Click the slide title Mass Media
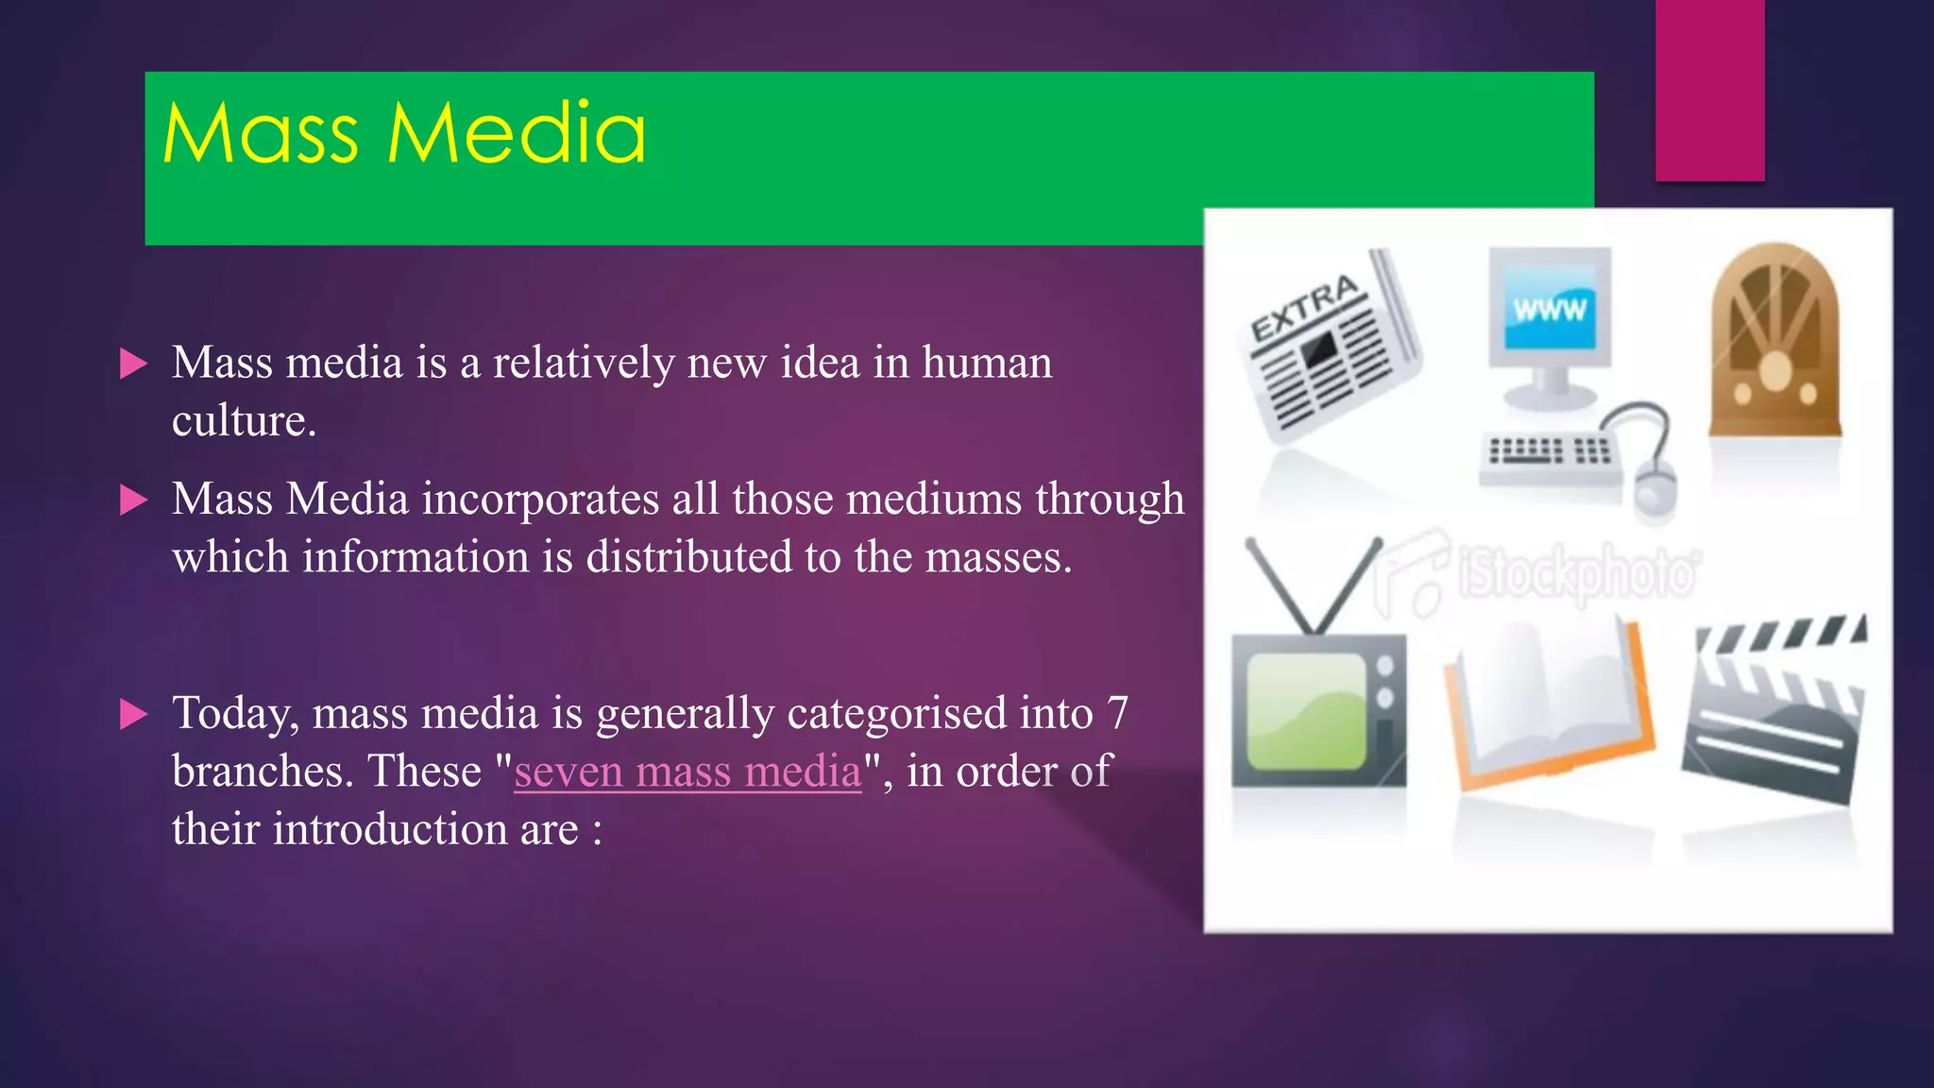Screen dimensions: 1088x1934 (404, 134)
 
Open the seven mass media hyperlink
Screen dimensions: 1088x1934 (687, 772)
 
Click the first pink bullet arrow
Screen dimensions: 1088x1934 (134, 364)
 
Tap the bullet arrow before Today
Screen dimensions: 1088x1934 (134, 714)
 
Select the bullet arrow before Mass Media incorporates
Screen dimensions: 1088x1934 (134, 500)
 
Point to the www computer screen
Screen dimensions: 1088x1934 (1549, 308)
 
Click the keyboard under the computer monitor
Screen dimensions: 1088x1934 (1549, 454)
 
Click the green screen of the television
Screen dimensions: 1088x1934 (1306, 711)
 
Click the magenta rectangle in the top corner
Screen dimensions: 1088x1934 (1709, 90)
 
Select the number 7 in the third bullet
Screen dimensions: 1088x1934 (1117, 713)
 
